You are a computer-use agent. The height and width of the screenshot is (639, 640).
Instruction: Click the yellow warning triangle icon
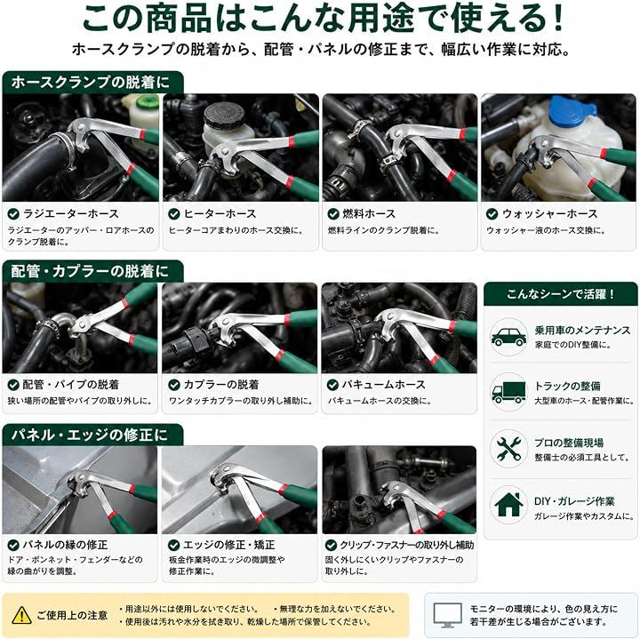coord(21,615)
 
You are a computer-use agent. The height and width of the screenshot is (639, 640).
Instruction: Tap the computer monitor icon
coord(447,615)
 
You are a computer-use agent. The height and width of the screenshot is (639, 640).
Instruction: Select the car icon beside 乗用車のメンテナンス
coord(508,337)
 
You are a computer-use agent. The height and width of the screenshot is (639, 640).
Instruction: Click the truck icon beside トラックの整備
coord(508,392)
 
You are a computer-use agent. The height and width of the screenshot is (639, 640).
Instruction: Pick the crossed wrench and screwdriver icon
coord(508,448)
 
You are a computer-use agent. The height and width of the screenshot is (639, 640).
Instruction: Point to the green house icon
coord(508,504)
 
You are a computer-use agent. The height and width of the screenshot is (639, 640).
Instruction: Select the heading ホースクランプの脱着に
coord(90,82)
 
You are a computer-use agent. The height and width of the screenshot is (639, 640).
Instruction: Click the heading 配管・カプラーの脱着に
coord(90,271)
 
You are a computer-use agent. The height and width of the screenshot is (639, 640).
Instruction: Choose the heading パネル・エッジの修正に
coord(90,435)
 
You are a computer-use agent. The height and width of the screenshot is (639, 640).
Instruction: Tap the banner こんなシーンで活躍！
coord(560,294)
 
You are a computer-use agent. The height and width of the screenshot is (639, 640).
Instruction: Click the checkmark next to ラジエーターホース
coord(13,214)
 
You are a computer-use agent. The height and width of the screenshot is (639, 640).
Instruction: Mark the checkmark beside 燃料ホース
coord(333,214)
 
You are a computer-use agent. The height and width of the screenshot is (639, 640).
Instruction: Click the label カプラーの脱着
coord(221,385)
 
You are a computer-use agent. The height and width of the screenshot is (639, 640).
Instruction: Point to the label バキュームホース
coord(383,385)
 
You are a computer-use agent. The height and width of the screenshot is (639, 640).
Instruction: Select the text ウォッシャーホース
coord(550,214)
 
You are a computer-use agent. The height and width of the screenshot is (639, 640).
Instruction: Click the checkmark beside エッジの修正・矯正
coord(174,545)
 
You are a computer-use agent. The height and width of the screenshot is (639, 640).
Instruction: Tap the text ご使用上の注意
coord(72,615)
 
